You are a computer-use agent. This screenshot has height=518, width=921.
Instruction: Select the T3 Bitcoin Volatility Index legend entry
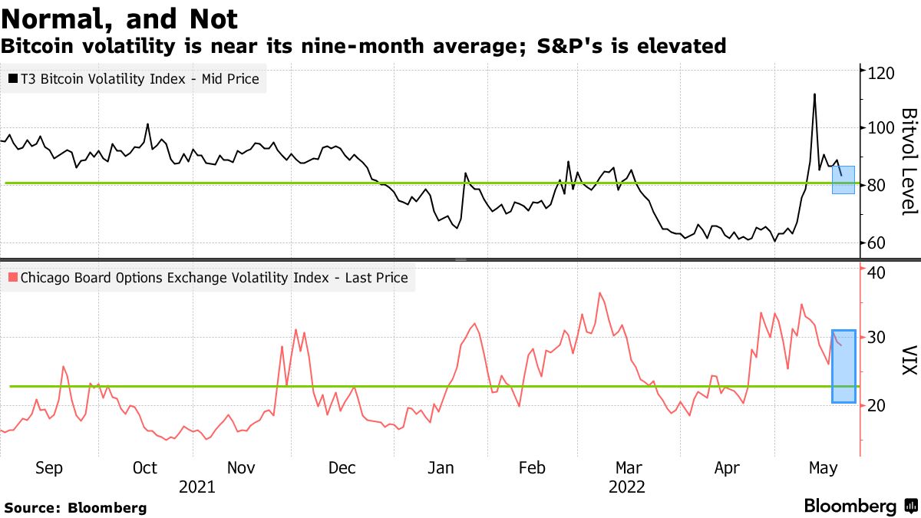pyautogui.click(x=134, y=78)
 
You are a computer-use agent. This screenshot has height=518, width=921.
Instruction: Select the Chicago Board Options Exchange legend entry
pyautogui.click(x=207, y=278)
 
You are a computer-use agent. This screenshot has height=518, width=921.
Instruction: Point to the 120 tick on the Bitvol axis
pyautogui.click(x=882, y=73)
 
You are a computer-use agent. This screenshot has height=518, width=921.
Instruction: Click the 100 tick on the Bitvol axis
pyautogui.click(x=882, y=128)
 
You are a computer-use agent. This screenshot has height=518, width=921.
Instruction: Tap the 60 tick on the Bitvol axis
pyautogui.click(x=878, y=243)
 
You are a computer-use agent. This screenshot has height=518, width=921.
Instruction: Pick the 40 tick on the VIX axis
pyautogui.click(x=878, y=272)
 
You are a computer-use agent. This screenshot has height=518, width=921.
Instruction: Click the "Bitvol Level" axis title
pyautogui.click(x=908, y=161)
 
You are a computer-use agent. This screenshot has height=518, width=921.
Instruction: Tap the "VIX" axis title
pyautogui.click(x=908, y=359)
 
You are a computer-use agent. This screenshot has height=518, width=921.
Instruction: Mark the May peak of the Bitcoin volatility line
pyautogui.click(x=814, y=94)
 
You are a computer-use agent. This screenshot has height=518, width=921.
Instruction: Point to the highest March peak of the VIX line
pyautogui.click(x=599, y=293)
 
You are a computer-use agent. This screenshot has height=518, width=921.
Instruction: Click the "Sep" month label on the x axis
pyautogui.click(x=49, y=468)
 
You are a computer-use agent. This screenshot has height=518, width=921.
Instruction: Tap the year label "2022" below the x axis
pyautogui.click(x=626, y=487)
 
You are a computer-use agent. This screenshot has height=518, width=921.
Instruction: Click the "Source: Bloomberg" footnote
pyautogui.click(x=75, y=507)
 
